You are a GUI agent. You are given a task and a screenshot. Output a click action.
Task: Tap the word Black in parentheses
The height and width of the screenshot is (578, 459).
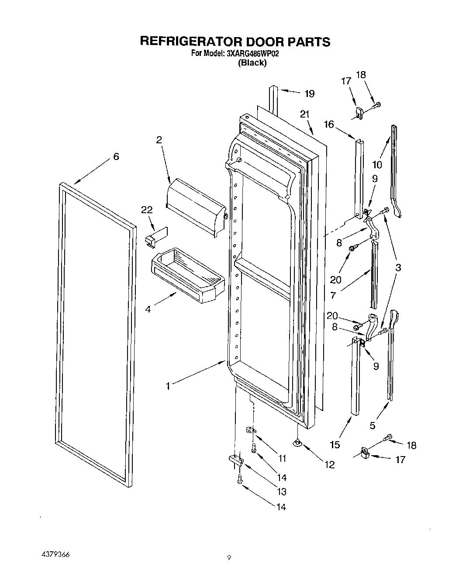[252, 63]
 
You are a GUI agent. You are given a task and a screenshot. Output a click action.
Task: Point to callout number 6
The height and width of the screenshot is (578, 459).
[116, 156]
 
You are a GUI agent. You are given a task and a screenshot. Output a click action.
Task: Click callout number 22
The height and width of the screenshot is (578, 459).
[147, 210]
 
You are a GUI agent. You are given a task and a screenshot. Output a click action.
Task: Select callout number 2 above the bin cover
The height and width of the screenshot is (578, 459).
[159, 140]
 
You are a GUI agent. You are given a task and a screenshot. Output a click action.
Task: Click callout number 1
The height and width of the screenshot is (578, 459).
[168, 386]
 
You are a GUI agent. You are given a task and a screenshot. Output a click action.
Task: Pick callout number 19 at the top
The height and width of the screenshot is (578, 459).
[309, 93]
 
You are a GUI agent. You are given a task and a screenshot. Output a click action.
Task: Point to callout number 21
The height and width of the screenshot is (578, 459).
[304, 114]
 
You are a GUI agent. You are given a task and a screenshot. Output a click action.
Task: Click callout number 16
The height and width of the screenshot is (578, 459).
[328, 125]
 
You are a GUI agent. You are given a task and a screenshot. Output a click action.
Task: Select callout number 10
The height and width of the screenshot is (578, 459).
[377, 165]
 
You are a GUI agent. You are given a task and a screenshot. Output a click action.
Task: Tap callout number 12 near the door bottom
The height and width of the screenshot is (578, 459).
[329, 465]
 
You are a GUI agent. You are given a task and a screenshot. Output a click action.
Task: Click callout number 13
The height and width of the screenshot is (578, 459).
[282, 492]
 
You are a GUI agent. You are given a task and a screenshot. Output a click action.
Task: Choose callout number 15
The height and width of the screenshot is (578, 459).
[335, 445]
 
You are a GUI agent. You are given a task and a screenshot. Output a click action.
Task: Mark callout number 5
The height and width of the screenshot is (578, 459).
[373, 425]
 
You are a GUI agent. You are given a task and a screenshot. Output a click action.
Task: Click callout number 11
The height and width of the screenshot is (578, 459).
[282, 458]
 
